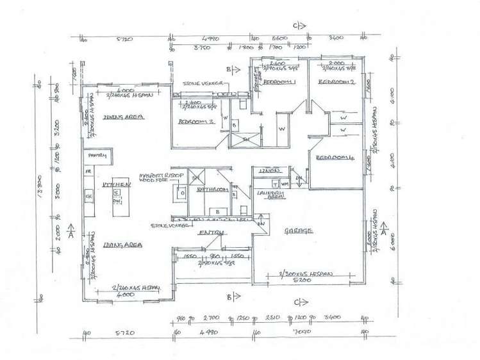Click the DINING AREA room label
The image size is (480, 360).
coord(122,117)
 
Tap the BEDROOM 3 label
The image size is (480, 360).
coord(195,121)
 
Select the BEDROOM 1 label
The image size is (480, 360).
coord(281,83)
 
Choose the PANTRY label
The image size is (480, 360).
coord(98,156)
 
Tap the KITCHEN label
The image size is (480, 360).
coord(116,184)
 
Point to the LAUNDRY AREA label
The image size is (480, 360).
coord(269,195)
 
